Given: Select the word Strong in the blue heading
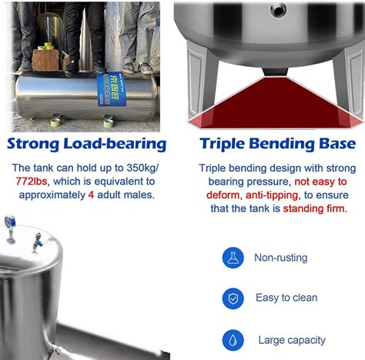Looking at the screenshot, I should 35,144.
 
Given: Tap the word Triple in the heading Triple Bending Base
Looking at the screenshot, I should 223,144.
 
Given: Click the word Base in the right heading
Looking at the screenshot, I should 337,144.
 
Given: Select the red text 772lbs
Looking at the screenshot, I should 32,182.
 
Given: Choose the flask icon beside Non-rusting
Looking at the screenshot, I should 233,258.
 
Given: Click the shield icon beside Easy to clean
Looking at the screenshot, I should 233,298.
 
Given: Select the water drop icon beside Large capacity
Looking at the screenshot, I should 233,340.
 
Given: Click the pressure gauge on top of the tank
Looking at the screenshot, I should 10,223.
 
